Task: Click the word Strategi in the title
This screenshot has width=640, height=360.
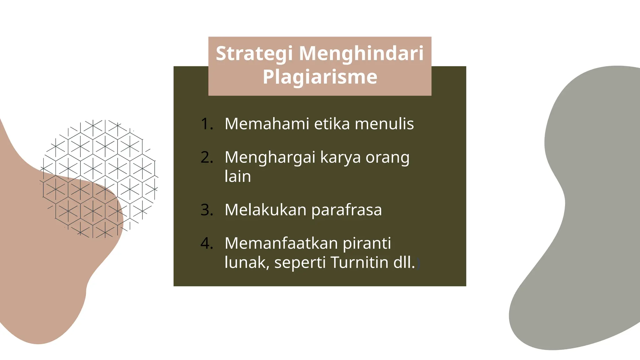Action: coord(254,54)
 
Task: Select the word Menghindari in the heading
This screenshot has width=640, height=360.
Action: coord(362,53)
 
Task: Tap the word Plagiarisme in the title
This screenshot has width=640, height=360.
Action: coord(320,77)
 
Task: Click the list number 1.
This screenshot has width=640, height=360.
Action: coord(207,124)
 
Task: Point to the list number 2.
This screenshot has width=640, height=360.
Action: coord(207,157)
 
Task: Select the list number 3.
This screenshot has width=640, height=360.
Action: coord(207,210)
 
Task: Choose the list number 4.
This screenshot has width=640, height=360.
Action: coord(207,243)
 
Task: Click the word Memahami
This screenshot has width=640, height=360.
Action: coord(267,124)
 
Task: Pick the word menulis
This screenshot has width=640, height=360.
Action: coord(384,124)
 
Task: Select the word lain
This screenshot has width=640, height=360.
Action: coord(238,177)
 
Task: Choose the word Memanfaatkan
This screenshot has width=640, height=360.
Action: coord(281,243)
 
